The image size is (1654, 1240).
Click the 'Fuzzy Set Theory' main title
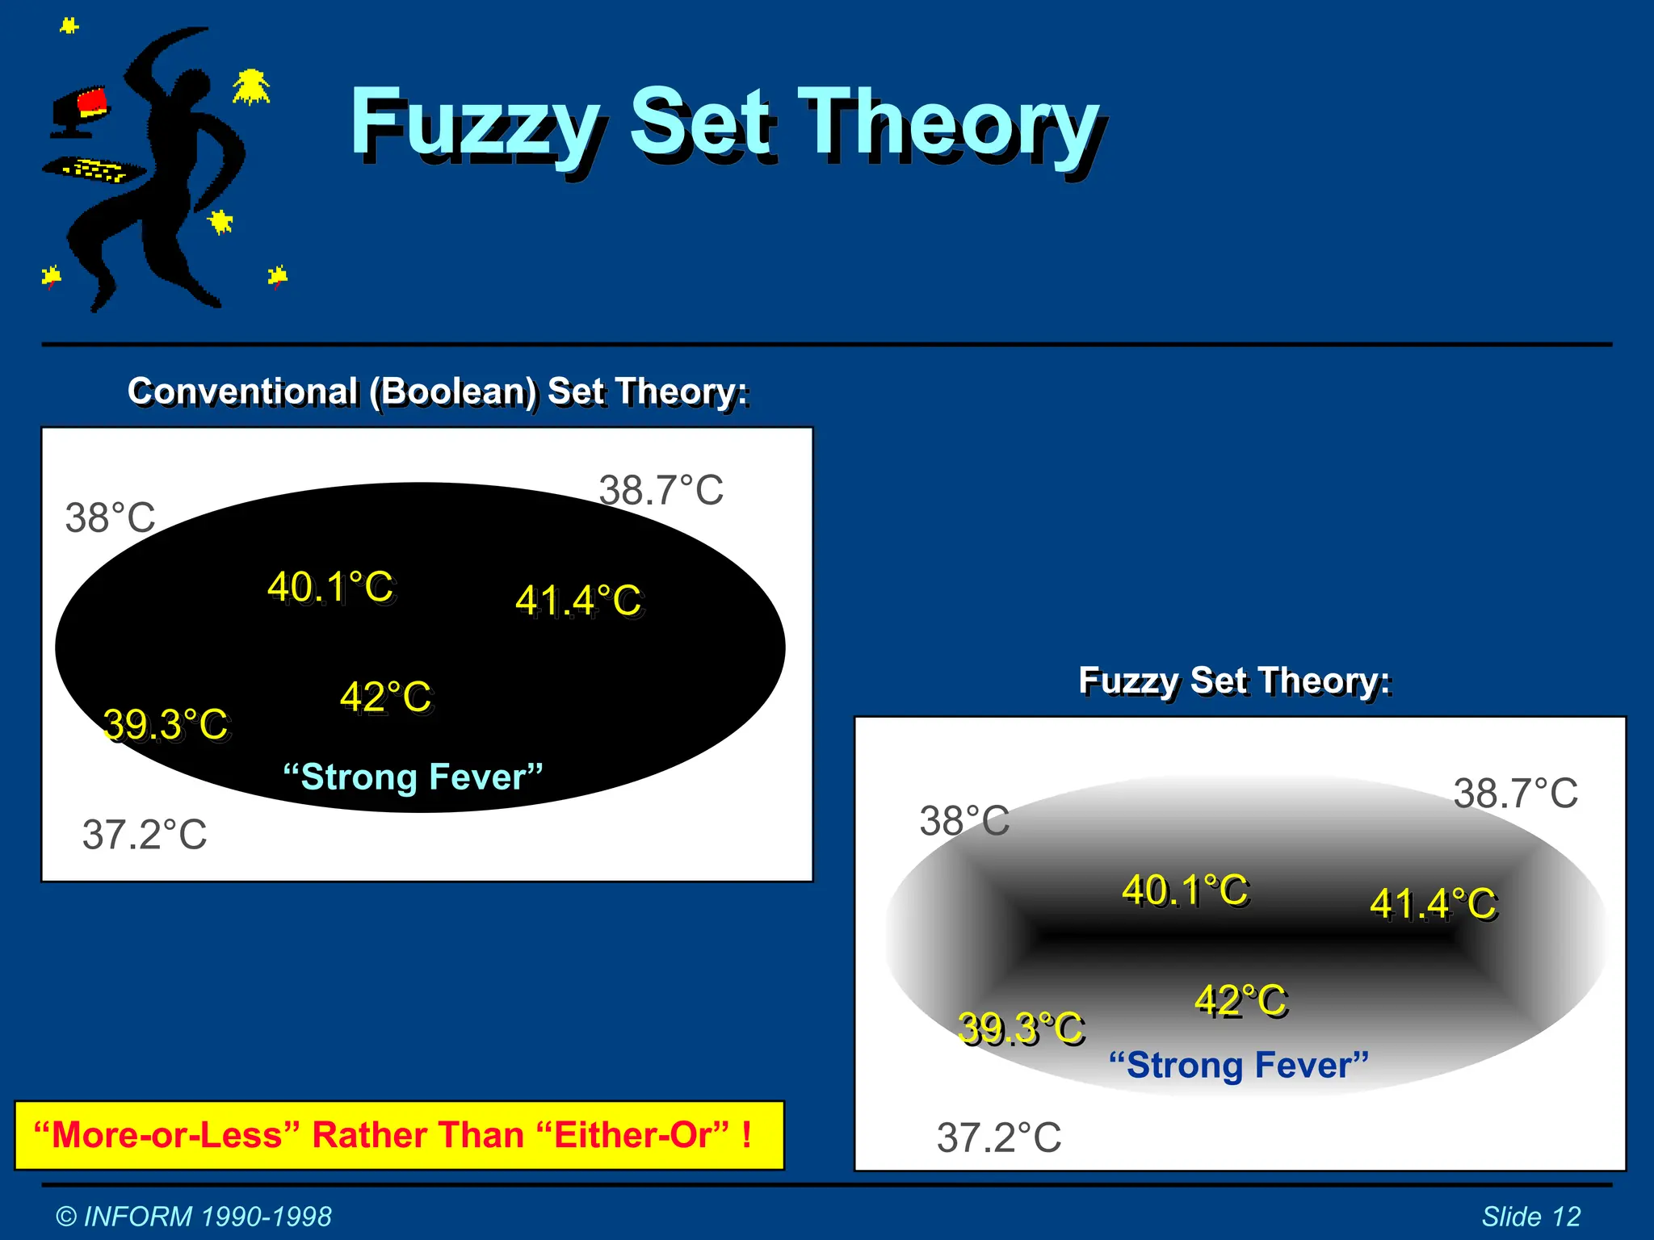pos(727,125)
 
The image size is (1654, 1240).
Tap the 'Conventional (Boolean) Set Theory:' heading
pos(439,392)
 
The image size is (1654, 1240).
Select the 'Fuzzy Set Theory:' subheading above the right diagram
pos(1235,681)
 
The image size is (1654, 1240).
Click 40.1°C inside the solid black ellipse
pos(331,587)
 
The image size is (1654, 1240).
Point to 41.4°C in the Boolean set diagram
pos(579,601)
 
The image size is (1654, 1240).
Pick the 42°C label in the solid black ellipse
pos(386,697)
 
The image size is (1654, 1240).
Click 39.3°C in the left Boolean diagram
pos(167,724)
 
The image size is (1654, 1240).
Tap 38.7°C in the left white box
pos(661,490)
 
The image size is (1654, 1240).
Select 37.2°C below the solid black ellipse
pos(145,835)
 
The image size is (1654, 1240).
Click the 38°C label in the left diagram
pos(111,517)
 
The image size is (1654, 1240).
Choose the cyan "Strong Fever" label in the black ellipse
pos(413,777)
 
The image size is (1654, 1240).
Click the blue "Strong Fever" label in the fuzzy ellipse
pos(1239,1065)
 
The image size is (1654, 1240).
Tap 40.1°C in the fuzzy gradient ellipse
pos(1186,890)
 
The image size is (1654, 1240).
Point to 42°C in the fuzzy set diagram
pos(1241,1001)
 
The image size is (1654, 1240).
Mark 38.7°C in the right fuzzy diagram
pos(1516,794)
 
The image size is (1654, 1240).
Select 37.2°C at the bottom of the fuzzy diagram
pos(999,1138)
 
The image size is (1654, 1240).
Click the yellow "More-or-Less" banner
pos(399,1135)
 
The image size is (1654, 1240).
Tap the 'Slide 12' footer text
pos(1530,1217)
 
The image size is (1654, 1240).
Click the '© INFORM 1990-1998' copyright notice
pos(194,1217)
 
